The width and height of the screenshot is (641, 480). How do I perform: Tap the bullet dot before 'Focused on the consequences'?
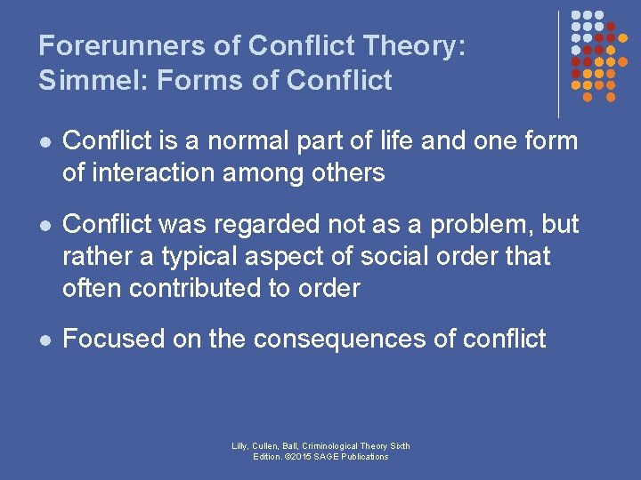(x=45, y=340)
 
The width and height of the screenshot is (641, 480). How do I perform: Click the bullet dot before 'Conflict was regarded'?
(x=45, y=225)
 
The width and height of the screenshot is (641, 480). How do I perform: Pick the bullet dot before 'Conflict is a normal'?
(x=45, y=141)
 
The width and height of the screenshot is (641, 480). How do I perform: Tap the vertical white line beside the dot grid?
(x=558, y=64)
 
